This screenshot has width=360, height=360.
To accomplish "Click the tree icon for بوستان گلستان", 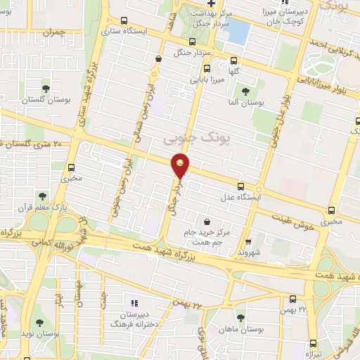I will point(46,89).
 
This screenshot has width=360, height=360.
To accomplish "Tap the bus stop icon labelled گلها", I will point(207,69).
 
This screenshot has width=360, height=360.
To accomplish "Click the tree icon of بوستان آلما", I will point(245,91).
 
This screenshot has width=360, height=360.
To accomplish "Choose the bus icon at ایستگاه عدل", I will point(242,186).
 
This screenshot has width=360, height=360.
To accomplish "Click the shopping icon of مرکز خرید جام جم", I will point(206,220).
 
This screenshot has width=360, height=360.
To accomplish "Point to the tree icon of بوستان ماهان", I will point(241,318).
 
